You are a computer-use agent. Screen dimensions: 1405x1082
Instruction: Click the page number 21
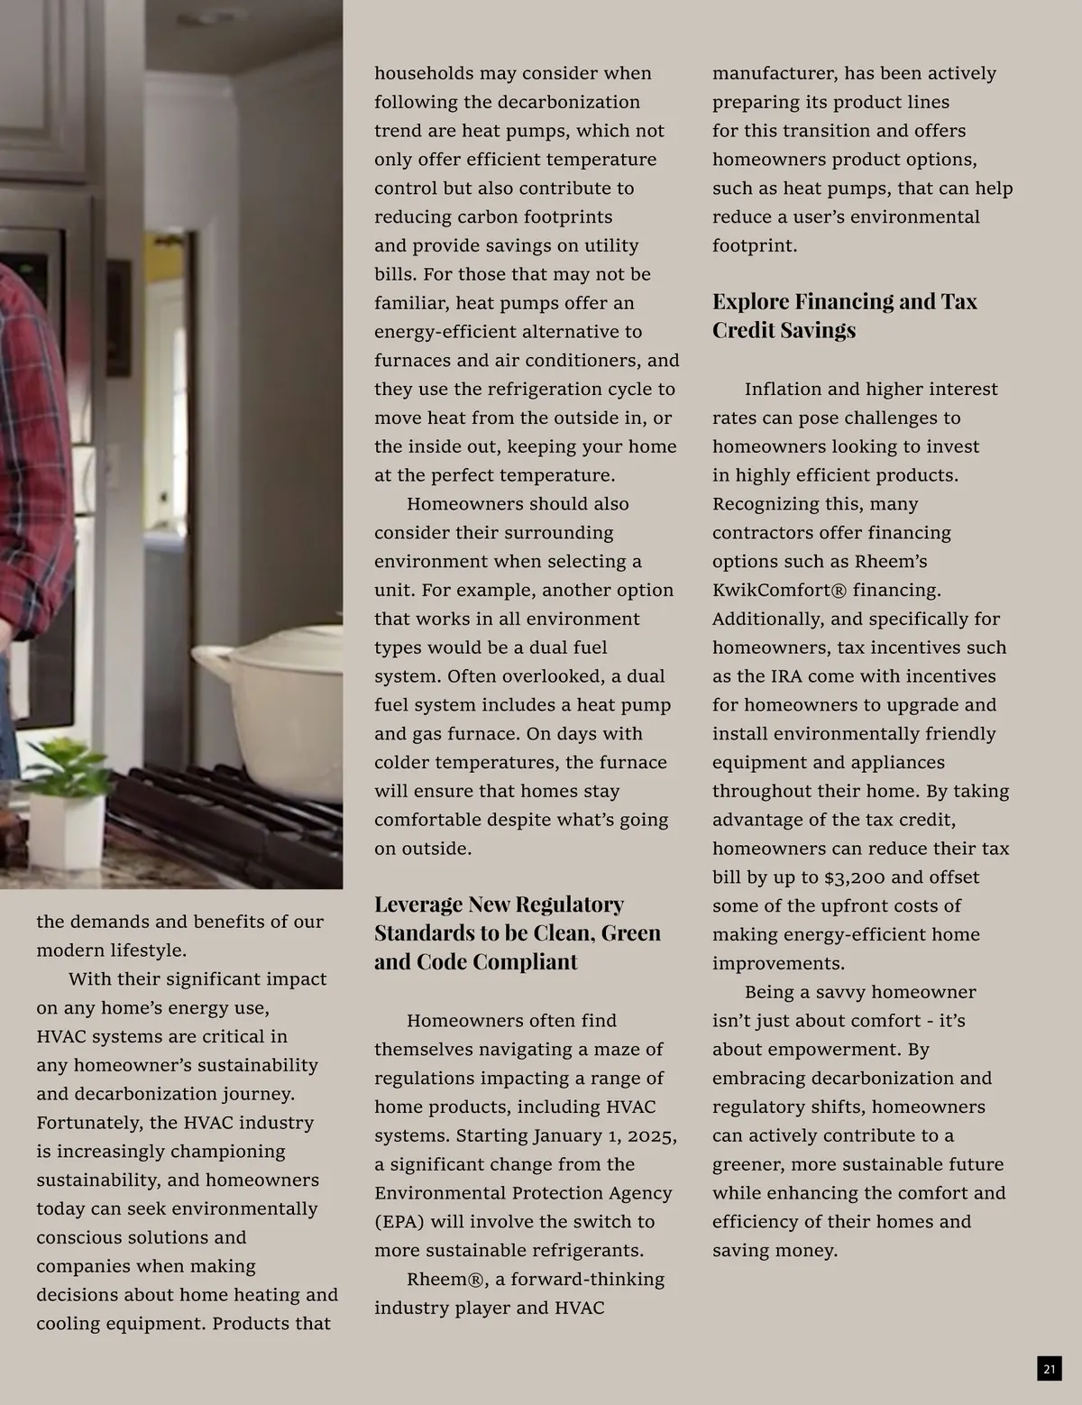[x=1049, y=1369]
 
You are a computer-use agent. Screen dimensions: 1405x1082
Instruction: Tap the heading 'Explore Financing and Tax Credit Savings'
[x=844, y=315]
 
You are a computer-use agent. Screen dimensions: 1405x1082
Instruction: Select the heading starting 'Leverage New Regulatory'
[x=517, y=932]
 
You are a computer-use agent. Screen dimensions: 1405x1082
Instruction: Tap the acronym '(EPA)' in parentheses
[x=401, y=1222]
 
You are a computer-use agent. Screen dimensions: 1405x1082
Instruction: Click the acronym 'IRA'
[x=791, y=676]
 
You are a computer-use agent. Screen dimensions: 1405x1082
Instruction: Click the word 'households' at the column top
[x=423, y=73]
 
